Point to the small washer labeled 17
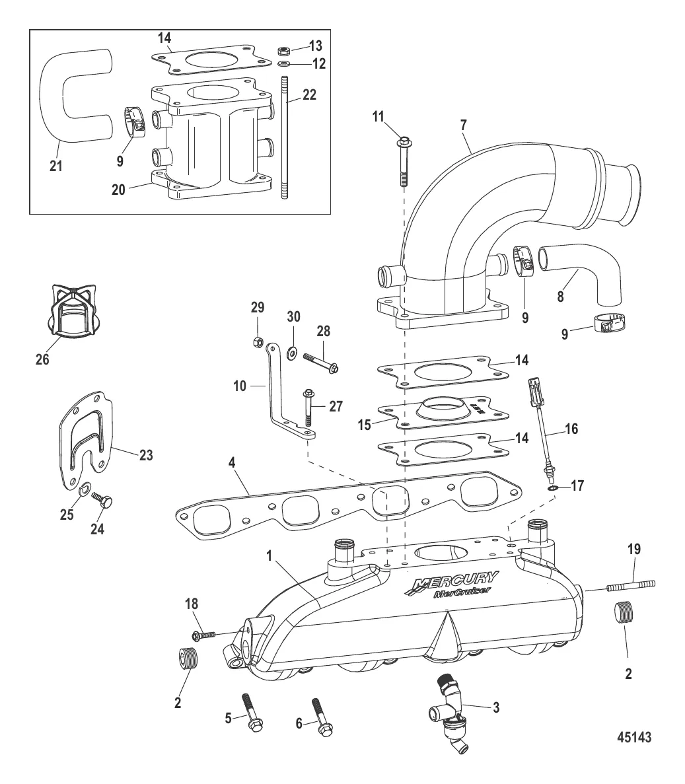[x=551, y=488]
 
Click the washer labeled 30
[x=291, y=349]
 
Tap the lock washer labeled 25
[x=85, y=489]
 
